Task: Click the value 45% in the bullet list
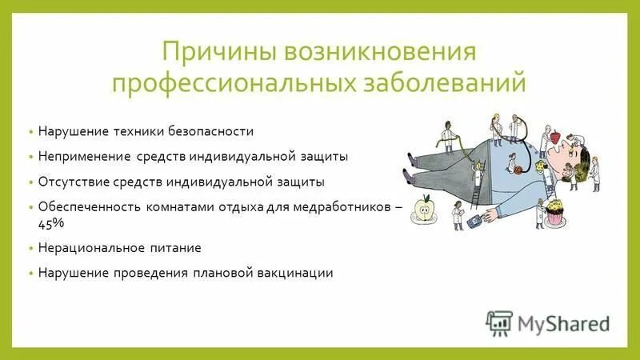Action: (x=50, y=224)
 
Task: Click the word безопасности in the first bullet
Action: (x=216, y=130)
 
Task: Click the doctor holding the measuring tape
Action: (x=449, y=132)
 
